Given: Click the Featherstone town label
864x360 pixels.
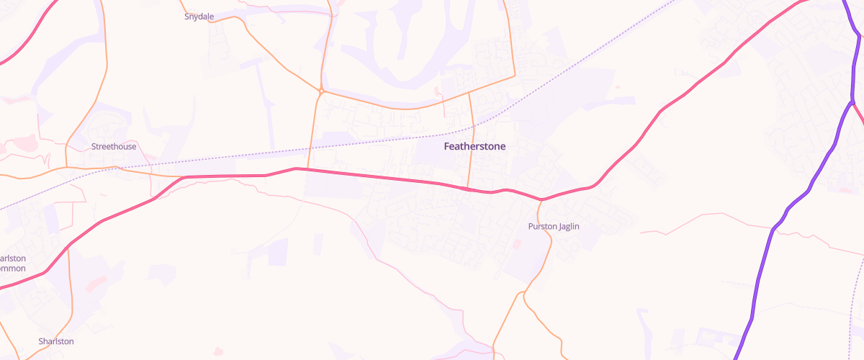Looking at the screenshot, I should tap(474, 146).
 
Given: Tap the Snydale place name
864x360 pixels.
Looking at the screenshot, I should tap(199, 15).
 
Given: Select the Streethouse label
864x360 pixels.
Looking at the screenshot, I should tap(113, 147).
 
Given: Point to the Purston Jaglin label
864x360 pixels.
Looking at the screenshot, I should tap(554, 226).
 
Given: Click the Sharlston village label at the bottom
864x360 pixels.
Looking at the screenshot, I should tap(56, 341).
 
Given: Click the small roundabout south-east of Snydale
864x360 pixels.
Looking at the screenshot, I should tap(320, 92).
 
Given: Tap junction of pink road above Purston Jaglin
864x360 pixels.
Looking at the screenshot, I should tap(541, 199).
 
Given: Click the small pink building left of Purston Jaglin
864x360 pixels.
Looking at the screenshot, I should tap(516, 244).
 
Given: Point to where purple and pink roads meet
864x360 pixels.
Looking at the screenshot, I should tap(852, 102).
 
